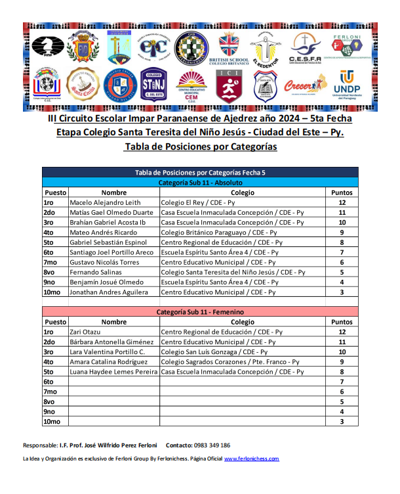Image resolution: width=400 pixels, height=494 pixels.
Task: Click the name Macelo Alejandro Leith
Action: (x=105, y=203)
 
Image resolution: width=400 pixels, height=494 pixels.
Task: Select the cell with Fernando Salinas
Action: (x=96, y=272)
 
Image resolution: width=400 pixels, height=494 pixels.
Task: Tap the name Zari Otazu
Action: (x=87, y=332)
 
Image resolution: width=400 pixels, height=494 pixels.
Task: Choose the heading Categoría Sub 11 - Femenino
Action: (x=201, y=313)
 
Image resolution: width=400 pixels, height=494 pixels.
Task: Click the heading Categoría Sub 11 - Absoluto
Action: (x=201, y=183)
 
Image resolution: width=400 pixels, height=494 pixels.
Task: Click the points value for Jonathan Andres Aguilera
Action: (x=342, y=292)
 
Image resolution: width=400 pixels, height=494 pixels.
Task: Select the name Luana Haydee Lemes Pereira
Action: (x=114, y=372)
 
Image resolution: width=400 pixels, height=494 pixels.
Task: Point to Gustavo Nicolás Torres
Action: (x=104, y=262)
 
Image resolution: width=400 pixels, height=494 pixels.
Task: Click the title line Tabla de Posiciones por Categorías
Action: (x=200, y=146)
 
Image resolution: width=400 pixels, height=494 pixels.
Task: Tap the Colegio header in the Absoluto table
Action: (x=242, y=193)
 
